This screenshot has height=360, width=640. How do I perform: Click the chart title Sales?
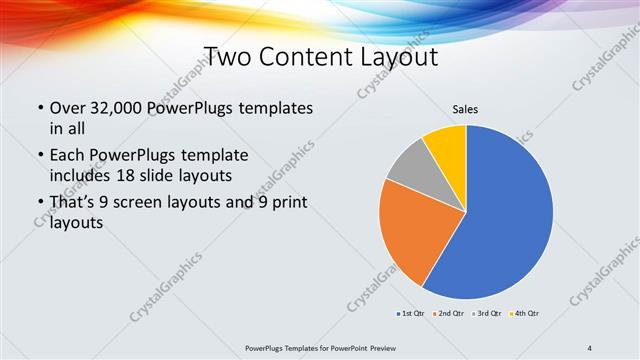[x=466, y=107]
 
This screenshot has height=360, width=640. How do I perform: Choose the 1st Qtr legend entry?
[x=411, y=314]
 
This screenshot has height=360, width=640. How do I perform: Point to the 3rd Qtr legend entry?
[x=488, y=314]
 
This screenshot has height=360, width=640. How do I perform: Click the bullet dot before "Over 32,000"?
[x=39, y=108]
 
